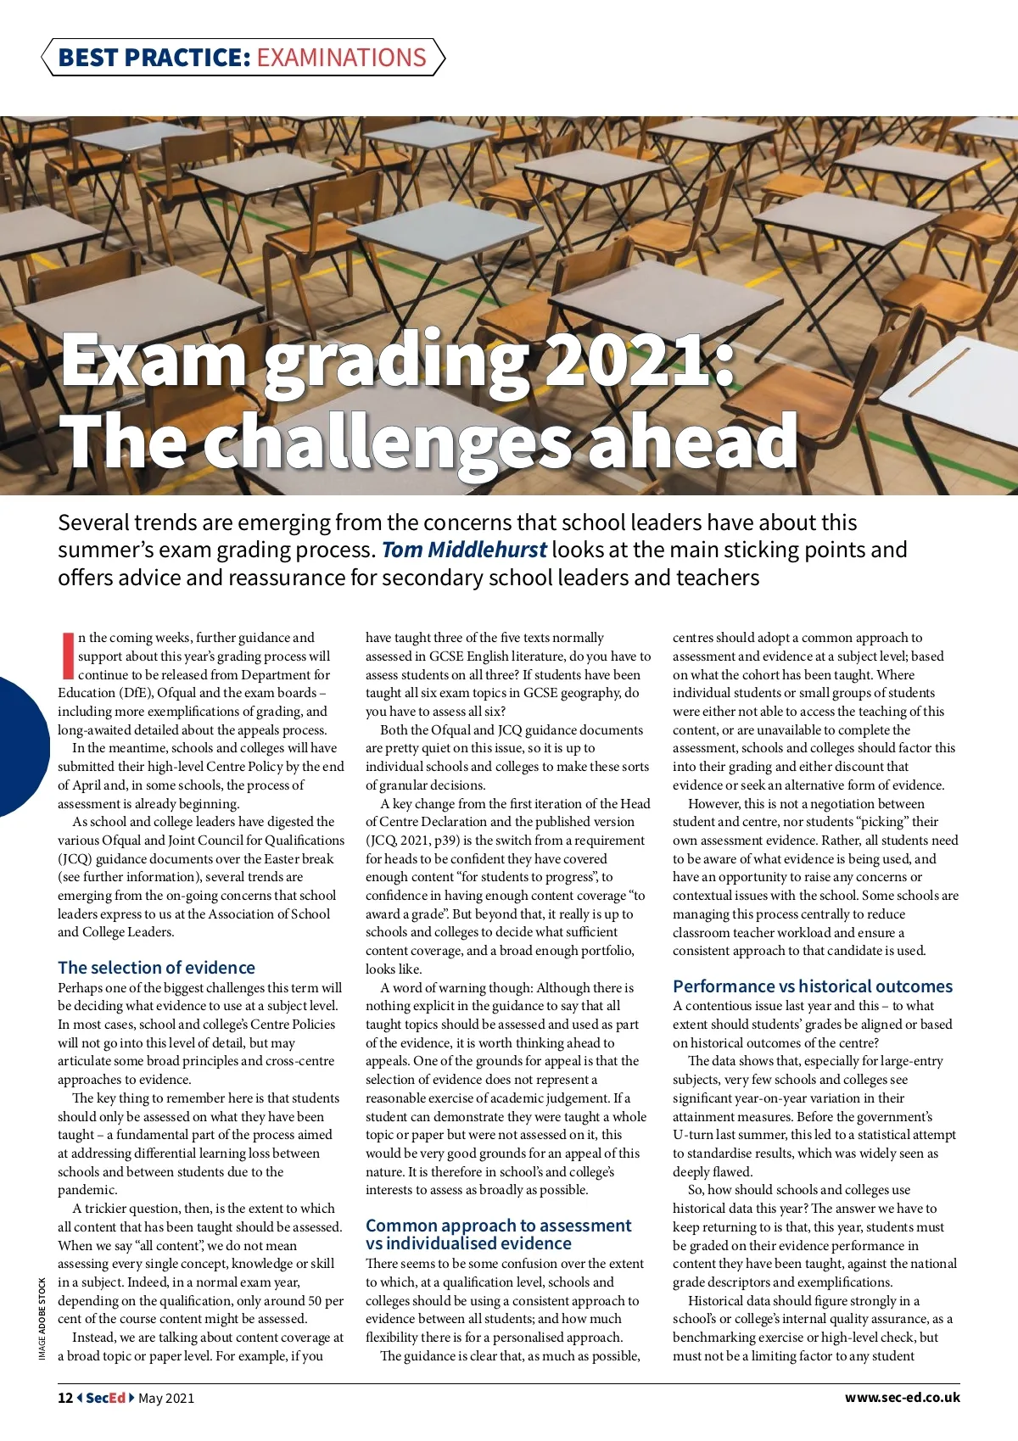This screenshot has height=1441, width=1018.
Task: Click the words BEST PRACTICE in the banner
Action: pyautogui.click(x=154, y=58)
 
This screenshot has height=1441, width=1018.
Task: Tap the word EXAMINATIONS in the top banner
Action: pyautogui.click(x=341, y=58)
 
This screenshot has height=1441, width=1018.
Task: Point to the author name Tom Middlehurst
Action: pyautogui.click(x=464, y=550)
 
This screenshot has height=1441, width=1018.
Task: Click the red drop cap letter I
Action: pyautogui.click(x=67, y=655)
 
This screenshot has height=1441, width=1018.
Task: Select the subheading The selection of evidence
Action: pyautogui.click(x=156, y=968)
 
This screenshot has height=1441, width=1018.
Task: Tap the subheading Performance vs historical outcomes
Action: pyautogui.click(x=812, y=986)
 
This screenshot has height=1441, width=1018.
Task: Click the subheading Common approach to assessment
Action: pyautogui.click(x=498, y=1226)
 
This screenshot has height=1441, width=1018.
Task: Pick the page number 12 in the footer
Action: pyautogui.click(x=65, y=1398)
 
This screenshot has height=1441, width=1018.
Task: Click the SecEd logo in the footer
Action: pyautogui.click(x=106, y=1398)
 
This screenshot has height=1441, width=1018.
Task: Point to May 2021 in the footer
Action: pyautogui.click(x=166, y=1398)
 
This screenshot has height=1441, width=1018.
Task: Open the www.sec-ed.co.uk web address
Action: pyautogui.click(x=902, y=1398)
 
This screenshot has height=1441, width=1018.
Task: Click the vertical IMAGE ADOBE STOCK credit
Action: pyautogui.click(x=42, y=1318)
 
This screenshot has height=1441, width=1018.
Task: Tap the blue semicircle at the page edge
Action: pyautogui.click(x=21, y=746)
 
